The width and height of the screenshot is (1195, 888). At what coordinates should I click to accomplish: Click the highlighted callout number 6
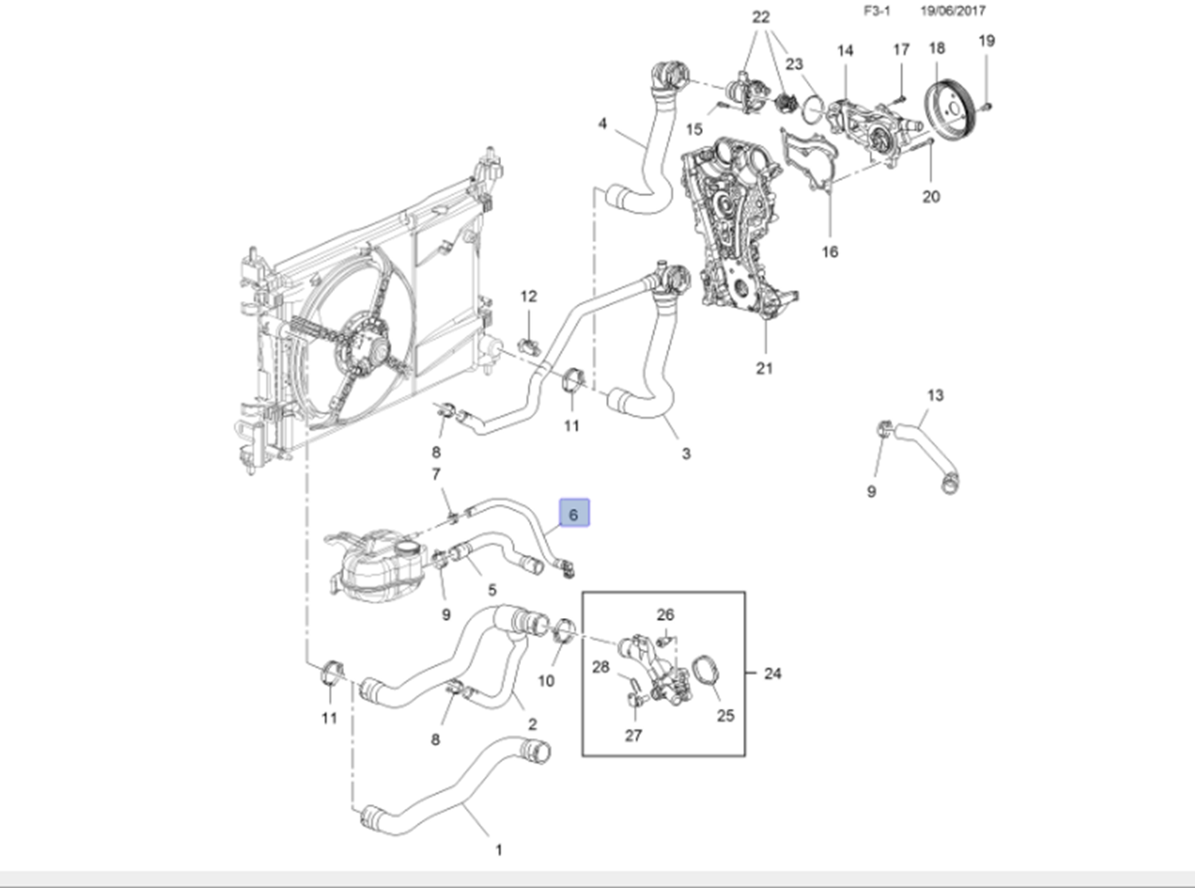(x=574, y=514)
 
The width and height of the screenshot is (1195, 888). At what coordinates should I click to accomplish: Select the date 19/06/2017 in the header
(x=952, y=11)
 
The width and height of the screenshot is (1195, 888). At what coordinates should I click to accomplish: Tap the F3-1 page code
(x=877, y=11)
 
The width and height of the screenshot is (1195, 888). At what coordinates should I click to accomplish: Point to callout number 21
(x=764, y=368)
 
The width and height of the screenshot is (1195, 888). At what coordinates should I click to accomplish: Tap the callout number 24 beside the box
(x=772, y=674)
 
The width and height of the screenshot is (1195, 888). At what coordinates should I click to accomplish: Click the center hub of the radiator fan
(x=371, y=350)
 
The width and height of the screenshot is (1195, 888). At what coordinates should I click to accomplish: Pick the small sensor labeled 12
(x=530, y=345)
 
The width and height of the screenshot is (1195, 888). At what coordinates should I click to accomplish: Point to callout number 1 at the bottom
(x=499, y=850)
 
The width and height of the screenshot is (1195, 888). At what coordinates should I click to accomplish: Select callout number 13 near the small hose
(x=935, y=395)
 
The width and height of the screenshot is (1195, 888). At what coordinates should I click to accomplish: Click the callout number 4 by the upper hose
(x=602, y=123)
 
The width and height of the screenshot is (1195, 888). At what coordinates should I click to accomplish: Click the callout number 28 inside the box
(x=601, y=667)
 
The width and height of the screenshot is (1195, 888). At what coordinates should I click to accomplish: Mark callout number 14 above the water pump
(x=845, y=51)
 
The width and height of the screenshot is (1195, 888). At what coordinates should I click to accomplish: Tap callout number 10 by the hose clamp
(x=546, y=680)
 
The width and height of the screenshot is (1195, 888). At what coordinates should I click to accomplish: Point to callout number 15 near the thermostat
(x=694, y=129)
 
